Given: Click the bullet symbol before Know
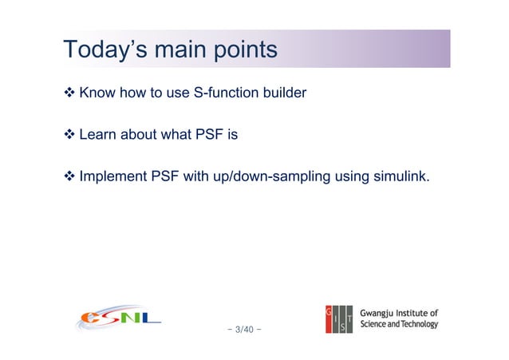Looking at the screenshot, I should tap(69, 94).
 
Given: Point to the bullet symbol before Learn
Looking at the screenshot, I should tap(69, 135).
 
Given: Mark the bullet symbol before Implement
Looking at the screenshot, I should tap(69, 176).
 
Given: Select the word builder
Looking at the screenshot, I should tap(284, 94).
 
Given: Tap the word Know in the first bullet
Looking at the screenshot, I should tap(97, 94).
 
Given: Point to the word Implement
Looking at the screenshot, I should tap(113, 176).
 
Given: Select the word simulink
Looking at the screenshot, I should tap(401, 176).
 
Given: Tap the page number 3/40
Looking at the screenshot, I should tap(246, 328).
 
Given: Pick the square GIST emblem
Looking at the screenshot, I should tap(340, 318).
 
